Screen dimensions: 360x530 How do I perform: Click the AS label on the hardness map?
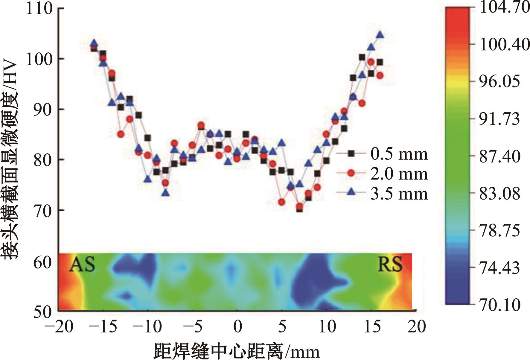click(82, 265)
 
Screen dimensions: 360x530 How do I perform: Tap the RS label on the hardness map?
click(390, 265)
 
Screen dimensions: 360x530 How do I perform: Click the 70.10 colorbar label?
click(499, 305)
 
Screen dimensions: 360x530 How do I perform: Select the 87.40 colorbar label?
click(499, 156)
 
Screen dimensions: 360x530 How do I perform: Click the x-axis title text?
click(236, 351)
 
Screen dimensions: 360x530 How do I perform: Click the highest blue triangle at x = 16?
click(380, 35)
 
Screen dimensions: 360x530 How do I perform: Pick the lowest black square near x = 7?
click(299, 209)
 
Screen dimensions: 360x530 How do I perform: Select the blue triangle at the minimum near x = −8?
click(166, 193)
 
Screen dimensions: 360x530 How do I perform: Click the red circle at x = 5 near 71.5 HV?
click(281, 202)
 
